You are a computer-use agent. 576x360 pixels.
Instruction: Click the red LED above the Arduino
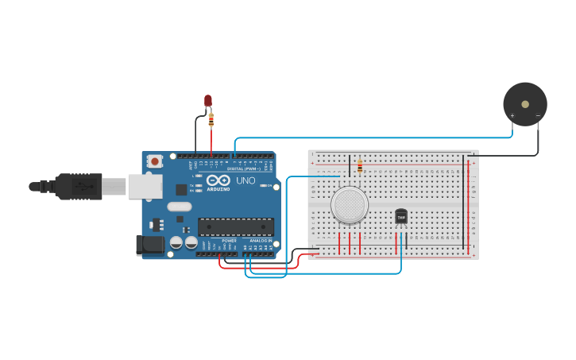point(208,100)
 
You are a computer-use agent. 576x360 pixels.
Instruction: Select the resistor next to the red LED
point(211,120)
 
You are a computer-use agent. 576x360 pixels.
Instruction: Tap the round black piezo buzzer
point(524,103)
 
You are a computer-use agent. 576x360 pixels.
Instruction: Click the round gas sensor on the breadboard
point(350,205)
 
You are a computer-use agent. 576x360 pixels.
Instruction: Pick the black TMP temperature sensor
point(401,216)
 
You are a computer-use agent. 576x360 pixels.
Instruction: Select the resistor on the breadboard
point(360,165)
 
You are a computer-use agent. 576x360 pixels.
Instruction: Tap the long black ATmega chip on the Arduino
point(235,226)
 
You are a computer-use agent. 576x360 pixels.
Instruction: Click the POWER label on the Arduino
point(229,240)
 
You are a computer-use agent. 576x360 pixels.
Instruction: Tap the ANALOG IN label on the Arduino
point(260,240)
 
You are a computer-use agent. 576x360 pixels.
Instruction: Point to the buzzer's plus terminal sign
point(512,116)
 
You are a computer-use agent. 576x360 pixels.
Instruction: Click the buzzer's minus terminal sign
point(538,116)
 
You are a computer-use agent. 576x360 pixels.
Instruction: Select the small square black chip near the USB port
point(181,189)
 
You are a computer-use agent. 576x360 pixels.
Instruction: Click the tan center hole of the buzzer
point(524,103)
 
